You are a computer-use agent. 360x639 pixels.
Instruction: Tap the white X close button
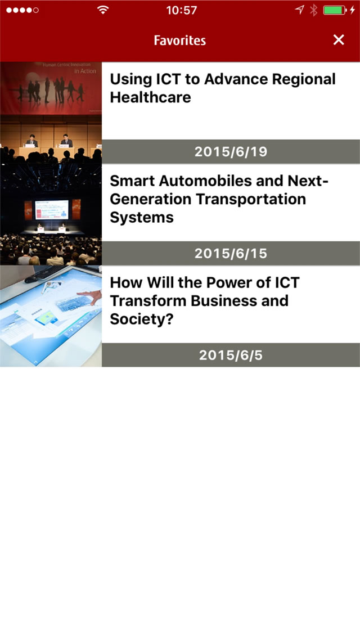point(339,39)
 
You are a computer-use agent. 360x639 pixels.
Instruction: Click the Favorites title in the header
point(180,40)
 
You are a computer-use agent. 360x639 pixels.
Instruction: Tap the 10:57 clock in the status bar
point(182,10)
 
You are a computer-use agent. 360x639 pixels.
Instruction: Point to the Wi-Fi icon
point(103,10)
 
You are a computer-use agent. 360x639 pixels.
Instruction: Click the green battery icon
point(335,10)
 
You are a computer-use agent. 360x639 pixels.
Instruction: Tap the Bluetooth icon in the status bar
point(313,10)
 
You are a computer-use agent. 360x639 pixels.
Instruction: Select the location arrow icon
point(300,10)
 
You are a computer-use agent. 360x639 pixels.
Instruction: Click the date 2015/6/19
point(231,152)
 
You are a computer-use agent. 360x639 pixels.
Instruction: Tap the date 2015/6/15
point(231,254)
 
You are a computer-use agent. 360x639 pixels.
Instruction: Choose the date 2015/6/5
point(231,355)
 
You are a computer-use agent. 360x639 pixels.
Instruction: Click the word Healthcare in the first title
point(150,97)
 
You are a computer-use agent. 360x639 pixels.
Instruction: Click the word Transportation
point(251,200)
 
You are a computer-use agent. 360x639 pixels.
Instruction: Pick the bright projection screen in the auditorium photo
point(52,209)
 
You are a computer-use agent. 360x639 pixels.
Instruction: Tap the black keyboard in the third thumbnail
point(43,273)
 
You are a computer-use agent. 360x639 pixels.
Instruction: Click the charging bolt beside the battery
point(352,10)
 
